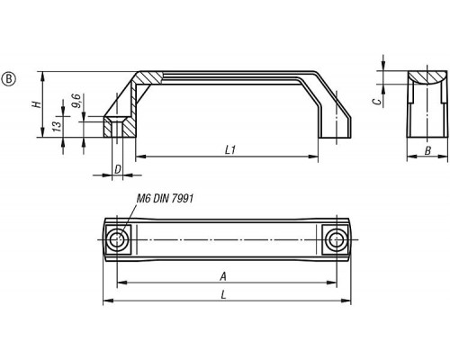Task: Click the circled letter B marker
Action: (x=9, y=79)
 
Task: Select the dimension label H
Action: (x=36, y=104)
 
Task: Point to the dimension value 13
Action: (x=57, y=125)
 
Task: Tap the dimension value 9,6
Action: (x=76, y=101)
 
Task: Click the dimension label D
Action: (x=118, y=169)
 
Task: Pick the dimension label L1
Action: (x=230, y=150)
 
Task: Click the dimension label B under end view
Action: (x=427, y=150)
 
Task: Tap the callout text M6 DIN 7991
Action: (x=165, y=198)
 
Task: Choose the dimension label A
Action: (x=223, y=276)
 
